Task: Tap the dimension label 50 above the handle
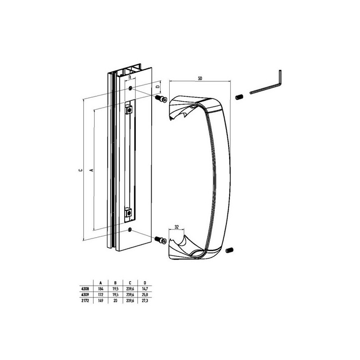tap(200, 78)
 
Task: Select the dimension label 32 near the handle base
tap(176, 227)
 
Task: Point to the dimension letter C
tap(80, 170)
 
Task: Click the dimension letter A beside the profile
tap(92, 170)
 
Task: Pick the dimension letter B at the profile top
tap(130, 77)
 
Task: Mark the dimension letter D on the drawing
tap(157, 86)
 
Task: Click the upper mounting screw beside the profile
tap(161, 99)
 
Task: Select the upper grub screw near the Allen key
tap(239, 97)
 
